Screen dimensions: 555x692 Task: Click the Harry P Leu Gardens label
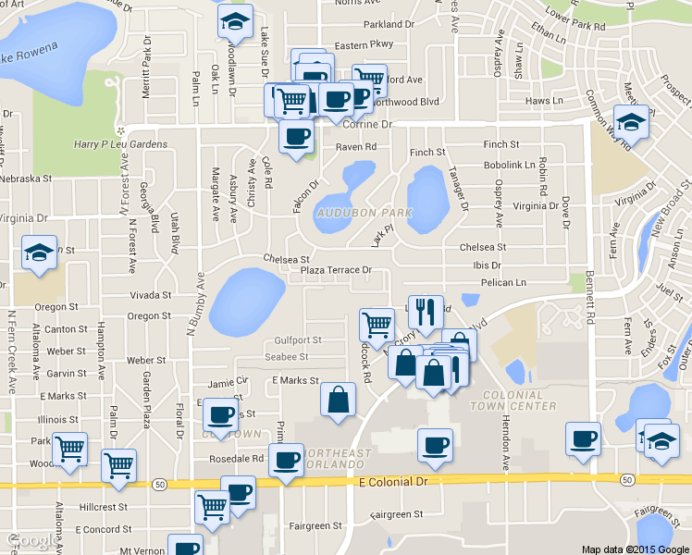click(120, 144)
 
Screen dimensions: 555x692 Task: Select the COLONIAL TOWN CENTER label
click(513, 400)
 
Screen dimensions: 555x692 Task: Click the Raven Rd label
click(356, 147)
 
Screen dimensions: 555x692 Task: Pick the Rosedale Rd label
click(238, 459)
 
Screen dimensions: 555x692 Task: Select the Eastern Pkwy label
click(364, 44)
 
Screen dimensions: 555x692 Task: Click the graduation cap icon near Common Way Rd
click(632, 122)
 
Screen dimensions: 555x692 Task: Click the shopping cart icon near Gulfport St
click(377, 325)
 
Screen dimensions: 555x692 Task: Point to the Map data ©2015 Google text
click(635, 549)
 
